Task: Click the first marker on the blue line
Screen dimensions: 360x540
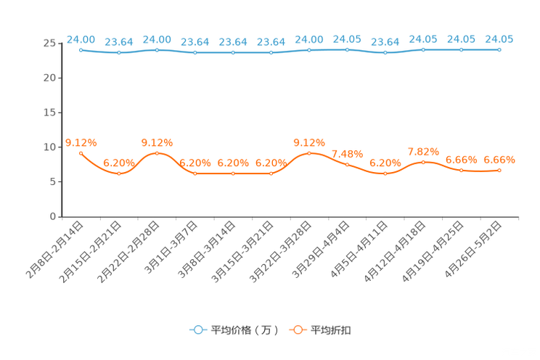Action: coord(81,49)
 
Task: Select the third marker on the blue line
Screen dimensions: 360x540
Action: coord(157,49)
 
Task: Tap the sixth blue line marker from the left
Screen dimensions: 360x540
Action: coord(271,53)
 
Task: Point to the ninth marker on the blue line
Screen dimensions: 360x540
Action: coord(385,53)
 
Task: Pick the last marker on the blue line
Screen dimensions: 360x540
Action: coord(499,49)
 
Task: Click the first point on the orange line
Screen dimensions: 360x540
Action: coord(81,153)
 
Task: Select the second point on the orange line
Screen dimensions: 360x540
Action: coord(119,173)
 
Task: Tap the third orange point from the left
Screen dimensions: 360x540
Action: coord(157,153)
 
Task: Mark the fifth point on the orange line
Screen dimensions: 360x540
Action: coord(233,173)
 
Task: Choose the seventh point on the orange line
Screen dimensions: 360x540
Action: coord(309,153)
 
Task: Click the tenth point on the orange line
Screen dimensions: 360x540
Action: coord(423,163)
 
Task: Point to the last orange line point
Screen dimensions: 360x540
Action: coord(499,170)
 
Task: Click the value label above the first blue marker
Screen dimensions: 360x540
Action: coord(81,38)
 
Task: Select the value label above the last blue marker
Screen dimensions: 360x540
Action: coord(499,38)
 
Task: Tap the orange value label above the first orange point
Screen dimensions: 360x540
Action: coord(81,142)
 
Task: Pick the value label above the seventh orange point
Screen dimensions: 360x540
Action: coord(309,142)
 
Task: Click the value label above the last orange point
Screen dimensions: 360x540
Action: coord(499,159)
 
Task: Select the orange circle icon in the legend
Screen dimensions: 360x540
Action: coord(298,330)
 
